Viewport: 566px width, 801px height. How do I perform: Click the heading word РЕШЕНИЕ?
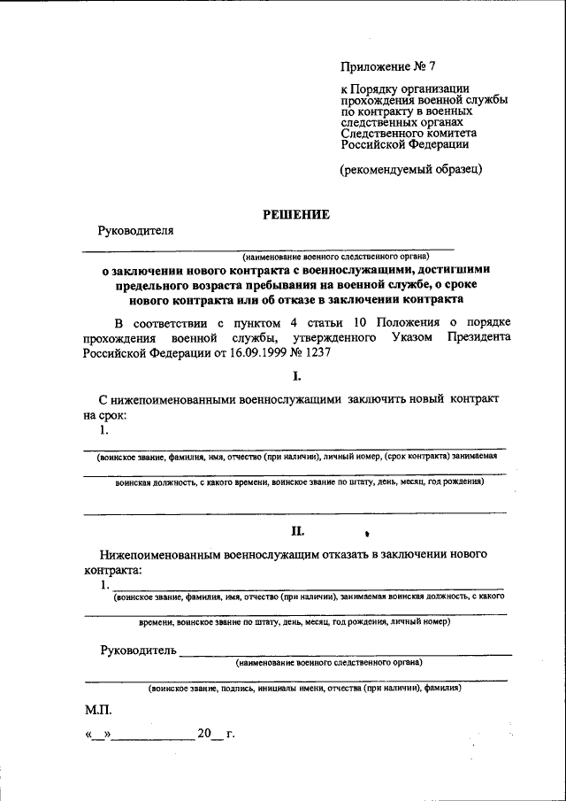(296, 214)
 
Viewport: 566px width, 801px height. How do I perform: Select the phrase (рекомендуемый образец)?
(411, 169)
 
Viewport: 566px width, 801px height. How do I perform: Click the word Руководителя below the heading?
(135, 231)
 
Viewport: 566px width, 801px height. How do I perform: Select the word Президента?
(479, 337)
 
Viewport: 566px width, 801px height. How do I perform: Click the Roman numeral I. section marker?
(297, 375)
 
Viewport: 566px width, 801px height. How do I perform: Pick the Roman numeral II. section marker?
(297, 531)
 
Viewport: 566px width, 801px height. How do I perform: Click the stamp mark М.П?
(98, 710)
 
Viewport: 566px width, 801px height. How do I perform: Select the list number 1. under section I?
(104, 430)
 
